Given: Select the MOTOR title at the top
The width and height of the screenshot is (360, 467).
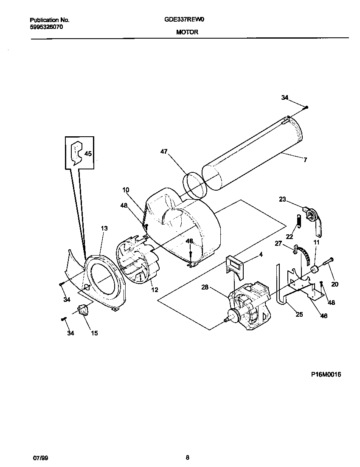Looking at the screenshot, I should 187,32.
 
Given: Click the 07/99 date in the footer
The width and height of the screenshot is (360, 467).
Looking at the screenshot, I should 40,457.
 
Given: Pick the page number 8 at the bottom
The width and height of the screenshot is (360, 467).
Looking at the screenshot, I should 187,457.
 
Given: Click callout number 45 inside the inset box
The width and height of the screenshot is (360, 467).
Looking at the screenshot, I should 88,154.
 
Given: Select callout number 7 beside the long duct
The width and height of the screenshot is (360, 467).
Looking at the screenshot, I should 305,160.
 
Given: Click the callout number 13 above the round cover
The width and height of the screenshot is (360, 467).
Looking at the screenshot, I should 104,228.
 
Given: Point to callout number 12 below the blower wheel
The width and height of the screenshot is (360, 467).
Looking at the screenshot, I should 154,290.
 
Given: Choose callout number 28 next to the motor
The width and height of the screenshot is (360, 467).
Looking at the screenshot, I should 205,288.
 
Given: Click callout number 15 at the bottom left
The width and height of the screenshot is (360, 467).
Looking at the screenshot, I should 94,333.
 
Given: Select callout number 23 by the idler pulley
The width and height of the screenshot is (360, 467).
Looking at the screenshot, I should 283,199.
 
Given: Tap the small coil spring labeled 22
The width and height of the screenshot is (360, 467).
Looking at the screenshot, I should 298,221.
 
